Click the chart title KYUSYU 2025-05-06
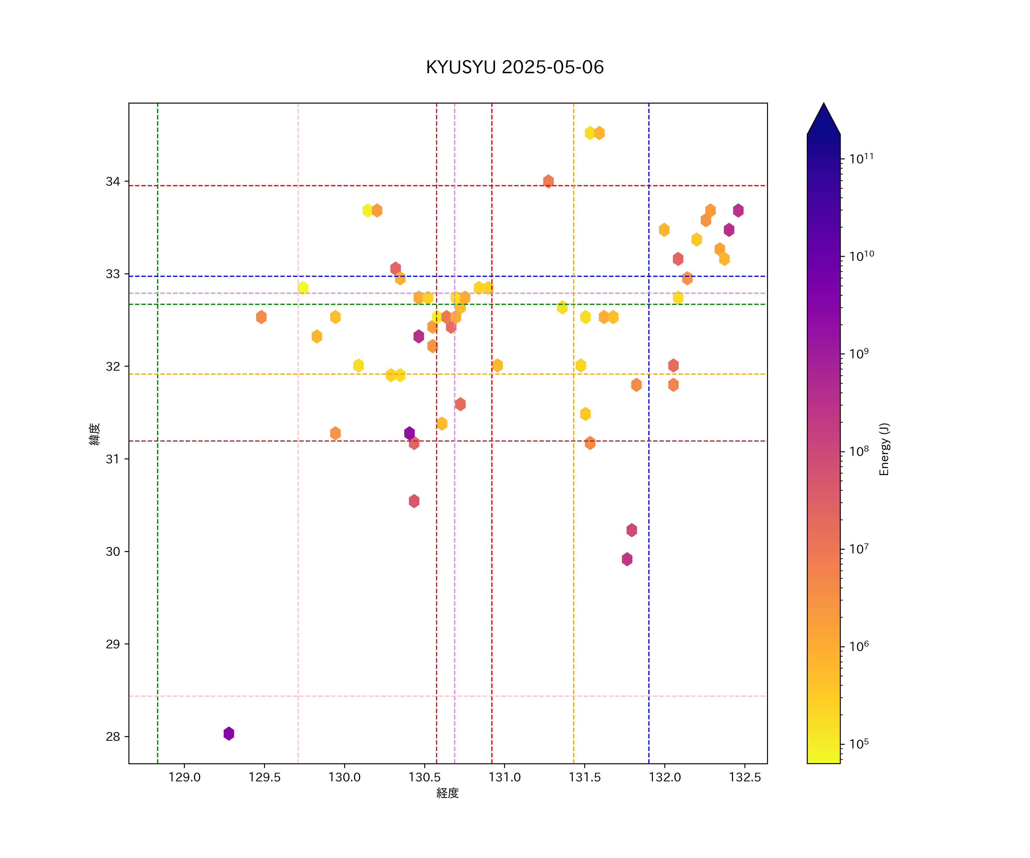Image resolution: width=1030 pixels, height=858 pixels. pyautogui.click(x=514, y=67)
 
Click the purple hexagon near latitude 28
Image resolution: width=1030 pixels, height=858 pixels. pyautogui.click(x=229, y=734)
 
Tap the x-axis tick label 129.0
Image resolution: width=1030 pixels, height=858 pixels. pyautogui.click(x=185, y=778)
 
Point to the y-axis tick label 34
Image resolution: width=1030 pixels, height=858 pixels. pyautogui.click(x=113, y=181)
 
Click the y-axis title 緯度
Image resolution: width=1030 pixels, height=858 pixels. pyautogui.click(x=95, y=434)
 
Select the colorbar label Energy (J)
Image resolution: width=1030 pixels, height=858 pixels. pyautogui.click(x=884, y=449)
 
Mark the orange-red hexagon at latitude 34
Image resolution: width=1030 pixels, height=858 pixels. pyautogui.click(x=548, y=181)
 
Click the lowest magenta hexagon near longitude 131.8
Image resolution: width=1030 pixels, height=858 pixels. pyautogui.click(x=627, y=559)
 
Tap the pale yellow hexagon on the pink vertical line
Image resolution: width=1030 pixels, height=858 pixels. pyautogui.click(x=303, y=287)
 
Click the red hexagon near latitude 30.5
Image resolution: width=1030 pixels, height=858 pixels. pyautogui.click(x=414, y=501)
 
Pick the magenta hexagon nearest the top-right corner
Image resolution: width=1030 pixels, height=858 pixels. pyautogui.click(x=738, y=210)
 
